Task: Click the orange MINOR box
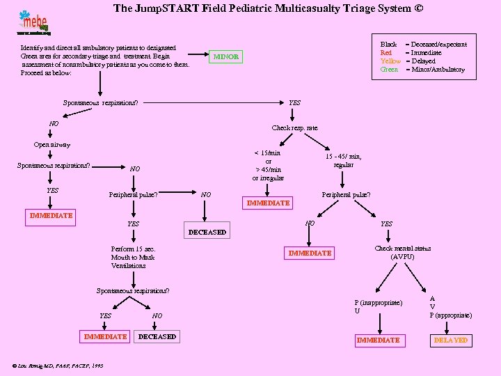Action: pos(225,56)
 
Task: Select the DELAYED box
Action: pos(451,340)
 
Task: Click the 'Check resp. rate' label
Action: pos(294,128)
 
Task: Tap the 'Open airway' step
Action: pos(52,145)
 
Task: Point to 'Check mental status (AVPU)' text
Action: pos(403,253)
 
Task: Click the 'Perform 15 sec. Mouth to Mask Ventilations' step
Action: pos(133,257)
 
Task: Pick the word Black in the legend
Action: pos(388,45)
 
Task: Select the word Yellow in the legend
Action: pos(390,61)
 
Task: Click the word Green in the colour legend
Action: pos(390,70)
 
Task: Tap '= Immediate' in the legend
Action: pos(427,53)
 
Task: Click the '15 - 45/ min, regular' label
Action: pos(344,161)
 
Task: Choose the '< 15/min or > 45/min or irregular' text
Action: pos(268,165)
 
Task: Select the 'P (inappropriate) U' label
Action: pos(377,306)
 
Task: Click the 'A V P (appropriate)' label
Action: pos(450,306)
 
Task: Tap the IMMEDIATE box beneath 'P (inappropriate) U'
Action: pos(378,340)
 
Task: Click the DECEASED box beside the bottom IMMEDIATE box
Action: pos(157,337)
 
